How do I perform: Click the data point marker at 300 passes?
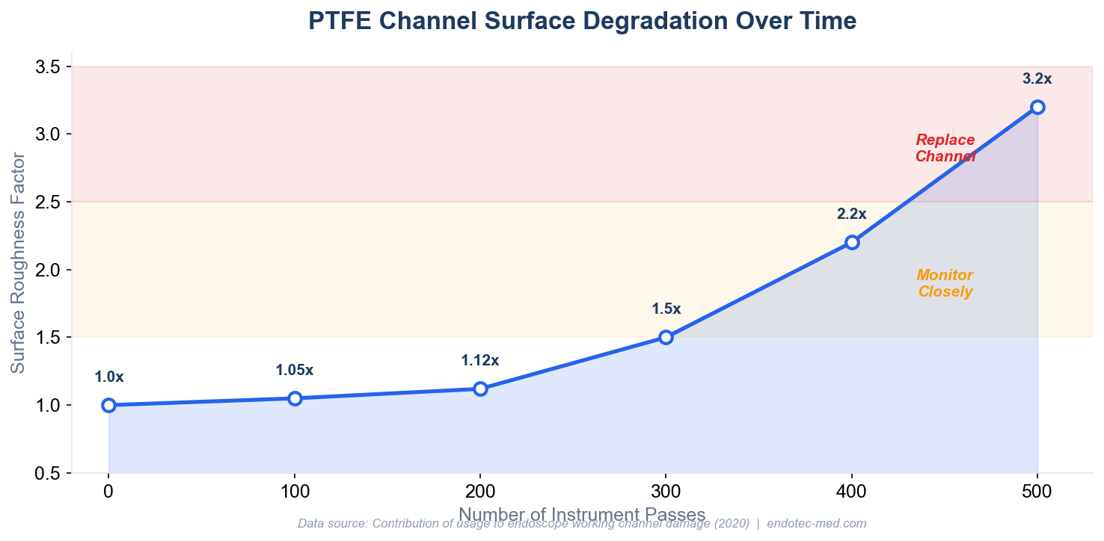pos(666,337)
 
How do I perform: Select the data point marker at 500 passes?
pos(1037,107)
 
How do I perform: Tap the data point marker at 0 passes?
pos(108,405)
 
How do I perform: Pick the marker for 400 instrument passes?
pos(851,242)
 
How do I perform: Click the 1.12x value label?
pos(479,361)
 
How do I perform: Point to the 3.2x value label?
pos(1037,78)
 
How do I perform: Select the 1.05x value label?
pos(294,370)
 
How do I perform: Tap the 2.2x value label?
pos(851,214)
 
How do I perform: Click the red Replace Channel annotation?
pos(945,148)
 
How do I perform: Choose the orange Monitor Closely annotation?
pos(945,283)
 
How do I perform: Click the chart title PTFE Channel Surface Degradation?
pos(582,22)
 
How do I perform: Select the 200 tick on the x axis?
pos(479,492)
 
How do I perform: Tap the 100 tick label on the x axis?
pos(294,492)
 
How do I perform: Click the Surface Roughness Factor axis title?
pos(18,262)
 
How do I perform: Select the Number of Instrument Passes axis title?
pos(582,514)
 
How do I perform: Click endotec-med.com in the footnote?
pos(816,524)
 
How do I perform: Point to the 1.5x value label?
pos(666,309)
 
